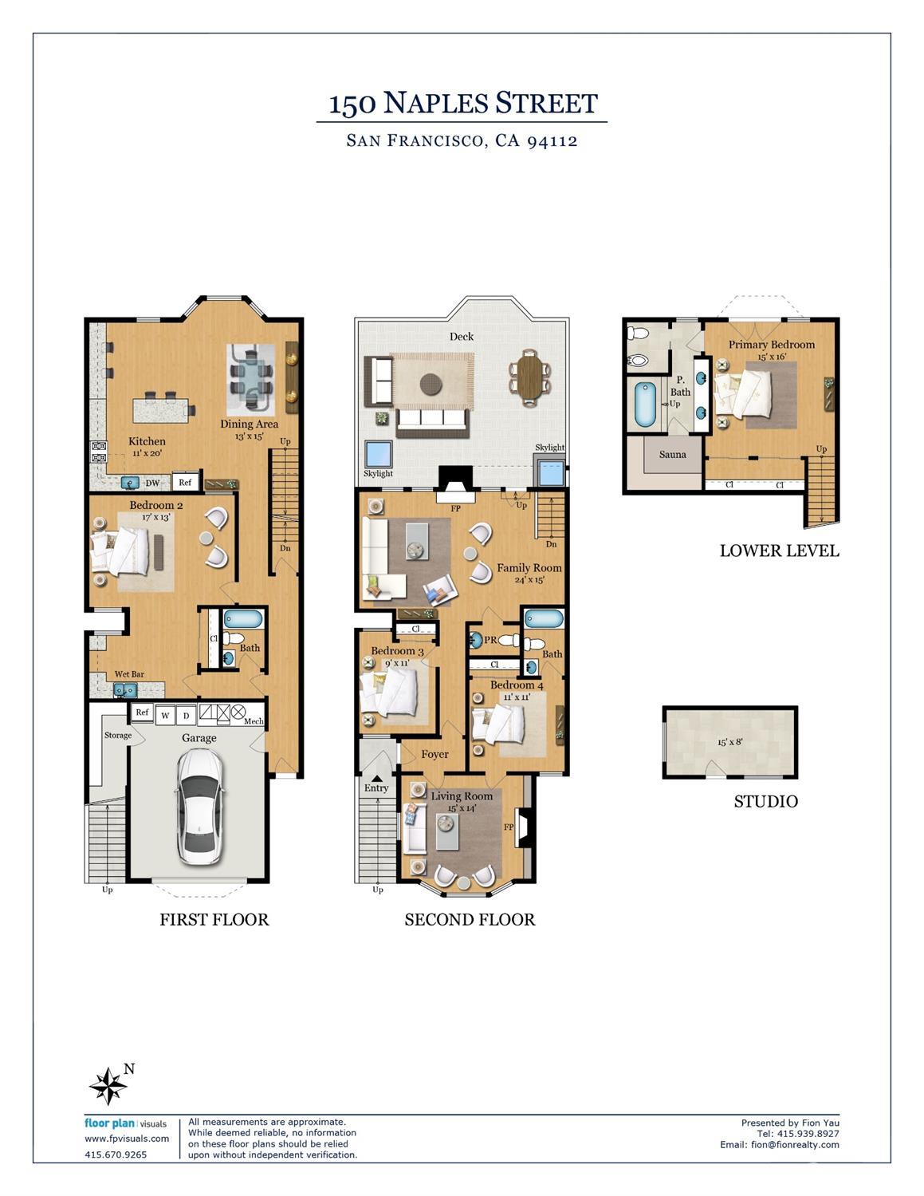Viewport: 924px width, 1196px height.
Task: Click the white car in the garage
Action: coord(199,807)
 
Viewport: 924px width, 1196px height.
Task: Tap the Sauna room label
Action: coord(673,455)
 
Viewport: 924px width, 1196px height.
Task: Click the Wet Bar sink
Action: coord(125,689)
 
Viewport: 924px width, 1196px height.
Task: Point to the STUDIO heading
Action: coord(765,801)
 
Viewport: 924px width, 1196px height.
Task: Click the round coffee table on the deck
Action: coord(431,385)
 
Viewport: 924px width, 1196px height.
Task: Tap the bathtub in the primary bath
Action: coord(645,405)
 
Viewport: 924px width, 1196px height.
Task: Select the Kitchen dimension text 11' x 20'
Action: coord(147,453)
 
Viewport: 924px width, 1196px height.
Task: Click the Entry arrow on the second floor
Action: coord(377,778)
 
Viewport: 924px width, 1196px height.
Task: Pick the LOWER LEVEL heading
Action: coord(780,551)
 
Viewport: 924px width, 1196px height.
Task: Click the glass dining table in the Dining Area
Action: coord(251,380)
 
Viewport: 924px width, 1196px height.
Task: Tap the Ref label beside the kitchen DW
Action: coord(185,482)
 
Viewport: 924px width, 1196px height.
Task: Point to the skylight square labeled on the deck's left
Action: coord(379,454)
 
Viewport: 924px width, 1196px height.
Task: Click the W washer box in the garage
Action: coord(165,716)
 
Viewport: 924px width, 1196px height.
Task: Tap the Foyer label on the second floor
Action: coord(435,755)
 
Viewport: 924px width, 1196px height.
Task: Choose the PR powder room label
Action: coord(490,640)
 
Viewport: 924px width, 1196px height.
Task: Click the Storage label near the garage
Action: coord(118,736)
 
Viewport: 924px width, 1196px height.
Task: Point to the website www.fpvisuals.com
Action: coord(127,1139)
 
